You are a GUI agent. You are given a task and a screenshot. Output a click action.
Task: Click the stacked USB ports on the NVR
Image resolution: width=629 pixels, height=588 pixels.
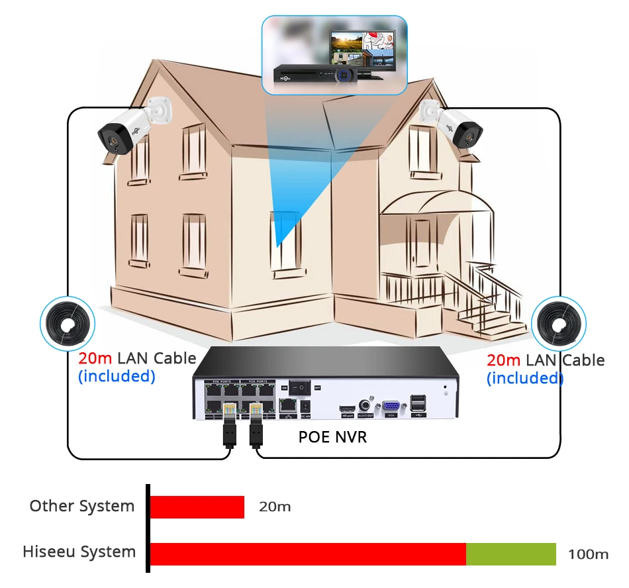(418, 405)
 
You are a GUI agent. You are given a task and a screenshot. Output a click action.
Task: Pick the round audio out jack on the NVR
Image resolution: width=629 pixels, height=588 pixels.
(365, 405)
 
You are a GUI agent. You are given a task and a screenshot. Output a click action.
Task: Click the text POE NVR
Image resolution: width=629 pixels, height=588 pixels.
(332, 437)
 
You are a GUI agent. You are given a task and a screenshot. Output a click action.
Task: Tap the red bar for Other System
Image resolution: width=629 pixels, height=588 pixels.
(197, 507)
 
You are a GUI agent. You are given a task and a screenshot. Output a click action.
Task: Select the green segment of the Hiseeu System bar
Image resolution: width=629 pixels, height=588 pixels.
(510, 554)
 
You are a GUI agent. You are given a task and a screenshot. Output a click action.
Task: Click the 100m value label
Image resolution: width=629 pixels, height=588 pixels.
(588, 554)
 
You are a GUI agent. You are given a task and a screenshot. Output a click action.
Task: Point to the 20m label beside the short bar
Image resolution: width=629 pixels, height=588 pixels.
(275, 507)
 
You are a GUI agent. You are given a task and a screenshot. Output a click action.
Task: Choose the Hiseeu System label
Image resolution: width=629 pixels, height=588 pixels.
(79, 552)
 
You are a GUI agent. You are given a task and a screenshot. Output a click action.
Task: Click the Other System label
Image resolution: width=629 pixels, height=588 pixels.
(81, 507)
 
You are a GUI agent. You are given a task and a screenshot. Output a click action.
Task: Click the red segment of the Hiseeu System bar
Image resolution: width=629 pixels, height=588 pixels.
(308, 554)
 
